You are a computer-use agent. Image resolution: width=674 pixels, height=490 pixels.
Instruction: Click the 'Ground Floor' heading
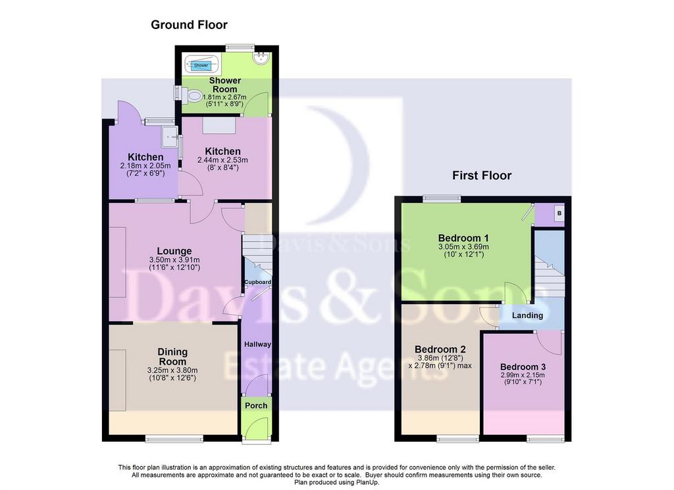[x=189, y=25]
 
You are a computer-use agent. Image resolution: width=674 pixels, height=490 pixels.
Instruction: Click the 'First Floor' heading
[x=482, y=176]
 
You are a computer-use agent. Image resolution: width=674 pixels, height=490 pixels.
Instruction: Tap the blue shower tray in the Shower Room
[x=201, y=65]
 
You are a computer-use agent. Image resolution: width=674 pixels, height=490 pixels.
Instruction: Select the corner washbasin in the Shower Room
[x=261, y=59]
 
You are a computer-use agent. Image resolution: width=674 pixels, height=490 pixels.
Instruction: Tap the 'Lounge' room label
[x=174, y=251]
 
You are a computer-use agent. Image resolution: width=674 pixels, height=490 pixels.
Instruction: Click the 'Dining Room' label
[x=173, y=357]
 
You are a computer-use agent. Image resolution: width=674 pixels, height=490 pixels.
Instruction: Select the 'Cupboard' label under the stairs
[x=258, y=283]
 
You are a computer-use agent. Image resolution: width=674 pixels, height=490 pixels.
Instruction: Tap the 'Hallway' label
[x=257, y=344]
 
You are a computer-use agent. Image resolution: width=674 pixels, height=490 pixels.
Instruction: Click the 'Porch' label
[x=256, y=406]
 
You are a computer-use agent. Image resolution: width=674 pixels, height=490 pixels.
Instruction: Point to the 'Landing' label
[x=527, y=315]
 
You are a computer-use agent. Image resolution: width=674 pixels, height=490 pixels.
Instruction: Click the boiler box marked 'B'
[x=559, y=213]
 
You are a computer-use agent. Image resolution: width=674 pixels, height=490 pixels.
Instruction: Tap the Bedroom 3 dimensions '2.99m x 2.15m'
[x=523, y=375]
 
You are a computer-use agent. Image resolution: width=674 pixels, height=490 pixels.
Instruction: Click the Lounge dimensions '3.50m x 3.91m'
[x=174, y=260]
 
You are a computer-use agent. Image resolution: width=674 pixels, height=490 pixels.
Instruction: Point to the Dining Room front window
[x=174, y=439]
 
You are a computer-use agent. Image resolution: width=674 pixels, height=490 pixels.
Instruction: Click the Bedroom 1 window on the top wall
[x=442, y=199]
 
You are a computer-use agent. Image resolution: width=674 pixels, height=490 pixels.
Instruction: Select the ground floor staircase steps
[x=257, y=254]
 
